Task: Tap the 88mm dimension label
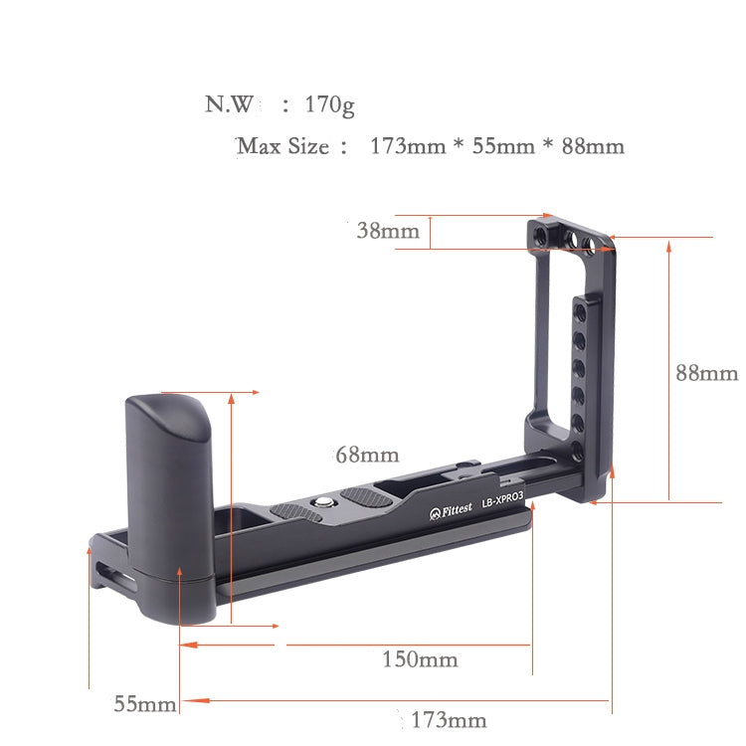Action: [706, 373]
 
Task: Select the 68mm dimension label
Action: [366, 456]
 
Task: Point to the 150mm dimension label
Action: [420, 659]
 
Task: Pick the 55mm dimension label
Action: [144, 704]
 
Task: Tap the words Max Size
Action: [283, 146]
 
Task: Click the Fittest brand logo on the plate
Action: [448, 513]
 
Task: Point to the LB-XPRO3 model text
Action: [504, 503]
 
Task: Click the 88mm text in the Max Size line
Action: [593, 146]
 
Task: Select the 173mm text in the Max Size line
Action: [407, 146]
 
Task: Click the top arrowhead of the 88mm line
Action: [669, 244]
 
